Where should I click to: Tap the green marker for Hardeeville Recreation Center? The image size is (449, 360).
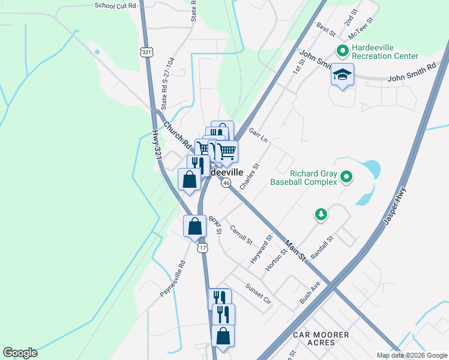(343, 51)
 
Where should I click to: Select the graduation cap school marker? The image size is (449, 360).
(342, 76)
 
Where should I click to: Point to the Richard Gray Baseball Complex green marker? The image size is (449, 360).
(346, 176)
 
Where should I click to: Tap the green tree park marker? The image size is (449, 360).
(322, 214)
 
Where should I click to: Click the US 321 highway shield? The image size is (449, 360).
(147, 52)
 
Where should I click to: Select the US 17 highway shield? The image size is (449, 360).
(203, 248)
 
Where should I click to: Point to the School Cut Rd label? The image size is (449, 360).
(115, 5)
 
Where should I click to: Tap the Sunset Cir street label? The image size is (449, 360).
(259, 293)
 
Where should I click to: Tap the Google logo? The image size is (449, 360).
(20, 353)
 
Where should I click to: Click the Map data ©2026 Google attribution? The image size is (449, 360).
(411, 355)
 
